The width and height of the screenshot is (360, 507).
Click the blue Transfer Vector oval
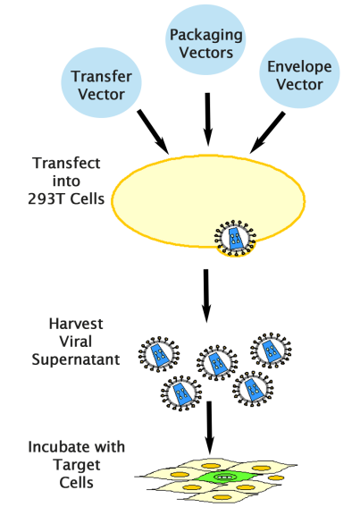[99, 78]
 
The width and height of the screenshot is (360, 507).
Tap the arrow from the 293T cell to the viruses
[207, 292]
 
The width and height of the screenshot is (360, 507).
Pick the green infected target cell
[224, 477]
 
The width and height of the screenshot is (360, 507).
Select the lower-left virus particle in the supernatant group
[181, 393]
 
